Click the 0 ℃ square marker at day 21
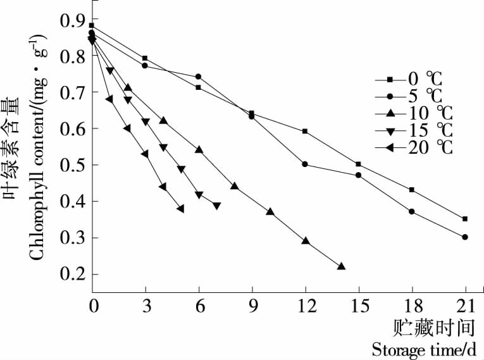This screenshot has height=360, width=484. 465,219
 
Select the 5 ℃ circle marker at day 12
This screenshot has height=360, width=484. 305,164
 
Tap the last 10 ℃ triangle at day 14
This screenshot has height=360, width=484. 341,266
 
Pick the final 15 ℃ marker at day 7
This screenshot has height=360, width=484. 216,206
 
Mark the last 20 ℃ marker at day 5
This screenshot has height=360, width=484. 181,209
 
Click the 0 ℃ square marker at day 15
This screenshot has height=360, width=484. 358,164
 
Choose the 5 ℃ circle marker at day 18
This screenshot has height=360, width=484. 412,211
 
